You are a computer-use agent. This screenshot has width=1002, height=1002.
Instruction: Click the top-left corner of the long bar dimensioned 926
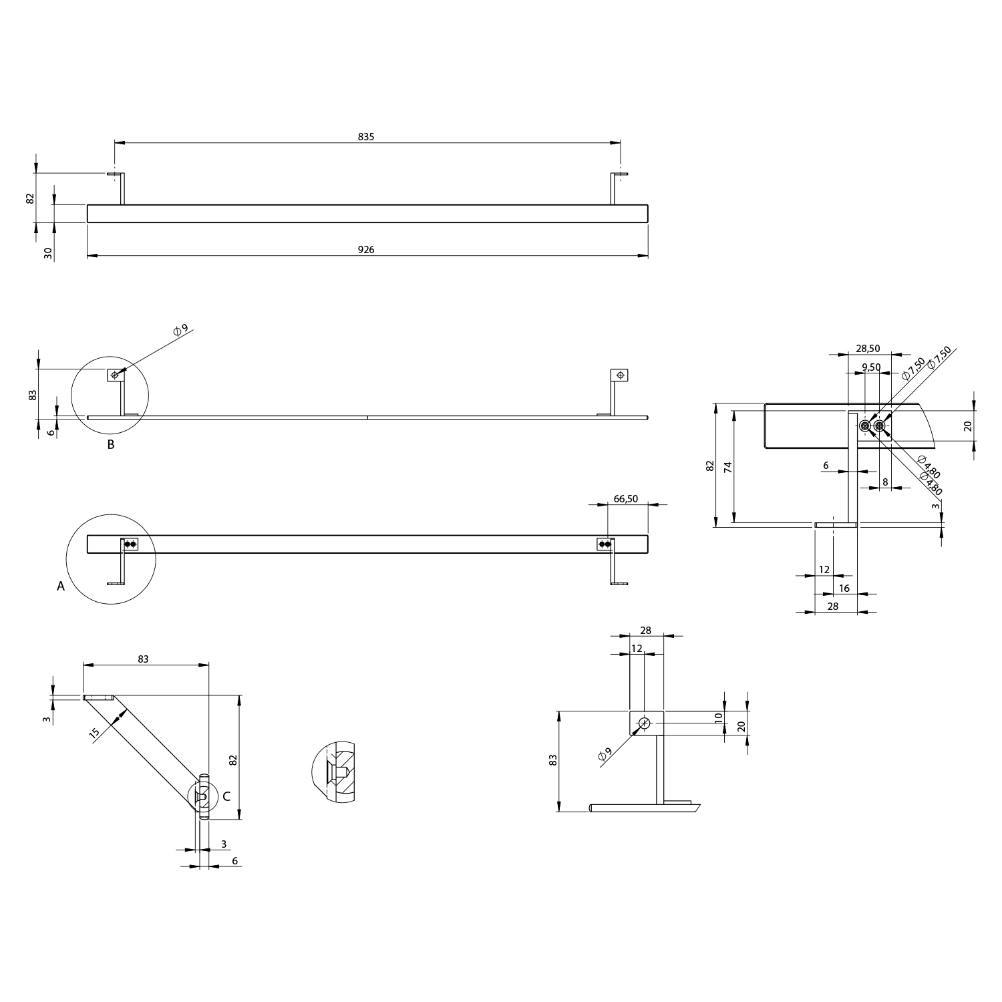click(88, 204)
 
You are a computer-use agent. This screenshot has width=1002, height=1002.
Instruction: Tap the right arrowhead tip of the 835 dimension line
click(621, 142)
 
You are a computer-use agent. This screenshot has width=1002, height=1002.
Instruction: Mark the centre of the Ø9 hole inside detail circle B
click(115, 375)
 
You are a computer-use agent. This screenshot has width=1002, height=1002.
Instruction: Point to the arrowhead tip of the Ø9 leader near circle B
click(118, 373)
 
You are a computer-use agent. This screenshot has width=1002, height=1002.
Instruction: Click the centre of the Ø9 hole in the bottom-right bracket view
click(645, 723)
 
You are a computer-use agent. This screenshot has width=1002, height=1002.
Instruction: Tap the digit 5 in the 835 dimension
click(372, 136)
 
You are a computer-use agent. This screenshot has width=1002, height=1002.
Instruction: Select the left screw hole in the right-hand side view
click(866, 426)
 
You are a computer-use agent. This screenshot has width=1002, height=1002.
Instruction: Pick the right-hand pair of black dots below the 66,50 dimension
click(605, 544)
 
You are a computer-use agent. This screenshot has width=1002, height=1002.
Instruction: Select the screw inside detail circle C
click(203, 795)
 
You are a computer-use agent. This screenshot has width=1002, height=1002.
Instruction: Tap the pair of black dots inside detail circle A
click(130, 544)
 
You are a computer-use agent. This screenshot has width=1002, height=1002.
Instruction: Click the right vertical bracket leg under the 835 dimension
click(613, 189)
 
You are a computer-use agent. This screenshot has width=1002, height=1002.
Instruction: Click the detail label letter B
click(111, 444)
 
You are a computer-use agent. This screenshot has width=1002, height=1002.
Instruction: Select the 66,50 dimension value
click(626, 499)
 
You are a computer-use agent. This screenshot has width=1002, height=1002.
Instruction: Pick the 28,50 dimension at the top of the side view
click(868, 348)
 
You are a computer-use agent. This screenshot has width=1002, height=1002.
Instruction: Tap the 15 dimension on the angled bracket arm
click(95, 733)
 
